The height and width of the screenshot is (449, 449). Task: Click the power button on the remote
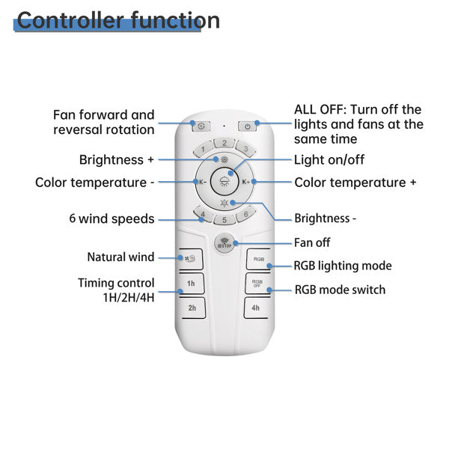click(248, 126)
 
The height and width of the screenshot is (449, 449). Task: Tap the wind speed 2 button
click(224, 143)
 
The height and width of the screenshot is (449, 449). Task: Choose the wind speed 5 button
click(224, 220)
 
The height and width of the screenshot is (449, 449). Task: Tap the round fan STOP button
click(224, 243)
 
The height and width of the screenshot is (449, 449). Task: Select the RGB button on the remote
click(258, 259)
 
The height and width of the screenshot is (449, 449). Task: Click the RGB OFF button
click(257, 284)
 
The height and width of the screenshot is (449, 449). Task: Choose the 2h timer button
click(192, 308)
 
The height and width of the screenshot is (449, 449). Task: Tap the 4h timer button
click(256, 308)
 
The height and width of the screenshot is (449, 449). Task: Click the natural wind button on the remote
click(191, 259)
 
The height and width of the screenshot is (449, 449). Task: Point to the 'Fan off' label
click(312, 242)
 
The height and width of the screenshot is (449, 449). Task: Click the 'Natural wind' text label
click(120, 257)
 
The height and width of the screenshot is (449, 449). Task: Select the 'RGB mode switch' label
click(340, 289)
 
